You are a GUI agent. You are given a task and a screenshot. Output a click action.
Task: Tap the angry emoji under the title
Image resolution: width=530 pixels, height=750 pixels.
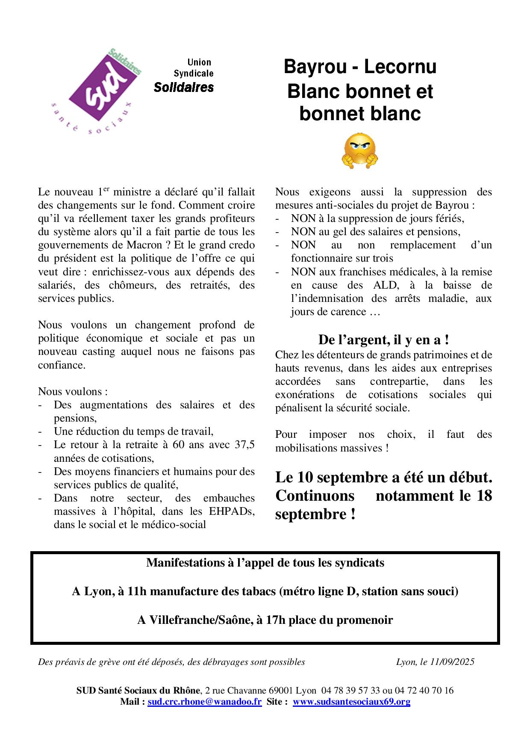click(x=359, y=151)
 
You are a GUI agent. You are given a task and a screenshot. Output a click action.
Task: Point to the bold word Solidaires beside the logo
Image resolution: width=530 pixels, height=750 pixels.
click(x=184, y=87)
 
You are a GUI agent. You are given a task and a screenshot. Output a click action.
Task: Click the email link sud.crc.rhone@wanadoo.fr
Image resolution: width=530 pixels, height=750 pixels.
click(x=204, y=702)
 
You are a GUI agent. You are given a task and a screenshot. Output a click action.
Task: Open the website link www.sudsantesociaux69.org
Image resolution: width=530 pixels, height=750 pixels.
click(x=351, y=702)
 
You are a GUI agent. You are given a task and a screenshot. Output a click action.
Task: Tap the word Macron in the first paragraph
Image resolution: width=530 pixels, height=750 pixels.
click(x=144, y=245)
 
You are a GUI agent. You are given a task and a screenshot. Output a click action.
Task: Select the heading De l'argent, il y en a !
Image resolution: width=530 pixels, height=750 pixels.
click(x=383, y=340)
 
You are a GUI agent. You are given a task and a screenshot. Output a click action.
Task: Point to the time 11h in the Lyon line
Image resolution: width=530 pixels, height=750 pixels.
click(x=137, y=591)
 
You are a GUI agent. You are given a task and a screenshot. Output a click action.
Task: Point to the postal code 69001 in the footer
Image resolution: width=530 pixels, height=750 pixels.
click(x=281, y=691)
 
